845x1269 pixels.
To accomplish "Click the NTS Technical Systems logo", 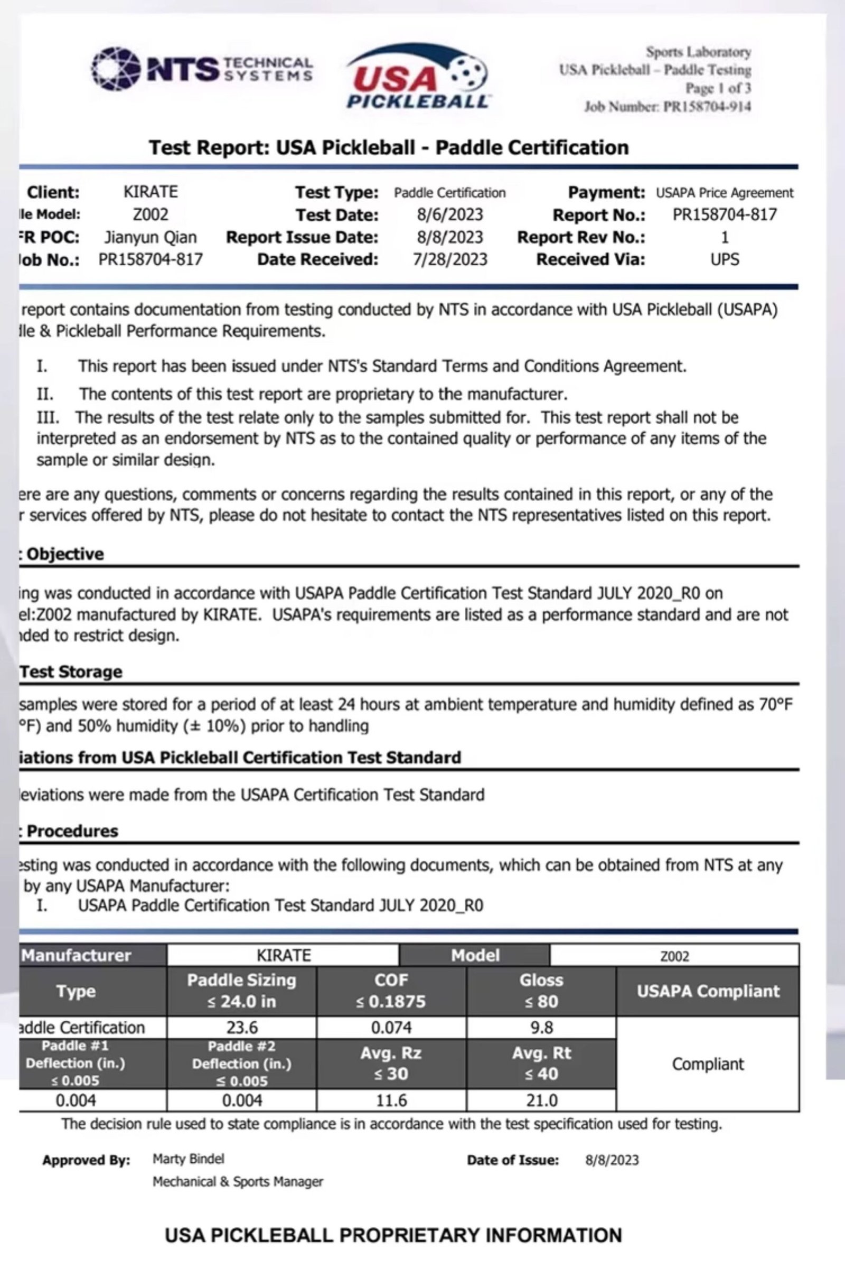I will tap(202, 69).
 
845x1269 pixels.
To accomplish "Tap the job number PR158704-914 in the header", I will tap(707, 107).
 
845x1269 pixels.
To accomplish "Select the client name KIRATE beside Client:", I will tap(151, 192).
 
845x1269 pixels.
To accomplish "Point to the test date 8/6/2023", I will tap(449, 214).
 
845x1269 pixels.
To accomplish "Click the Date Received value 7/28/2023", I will tap(449, 259).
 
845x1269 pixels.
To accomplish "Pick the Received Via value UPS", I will tap(724, 259).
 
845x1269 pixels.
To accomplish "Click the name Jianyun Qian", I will tap(151, 237).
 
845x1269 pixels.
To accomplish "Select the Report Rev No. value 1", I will tap(724, 237).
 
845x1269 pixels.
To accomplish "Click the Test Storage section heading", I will tap(71, 671).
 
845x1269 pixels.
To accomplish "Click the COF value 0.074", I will tap(391, 1027).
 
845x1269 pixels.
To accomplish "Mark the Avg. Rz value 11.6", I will tap(391, 1100).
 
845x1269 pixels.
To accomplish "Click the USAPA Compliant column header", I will tap(708, 991).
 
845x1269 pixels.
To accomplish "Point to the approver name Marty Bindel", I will tap(188, 1159).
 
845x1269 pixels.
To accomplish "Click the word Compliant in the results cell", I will tap(708, 1063).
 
